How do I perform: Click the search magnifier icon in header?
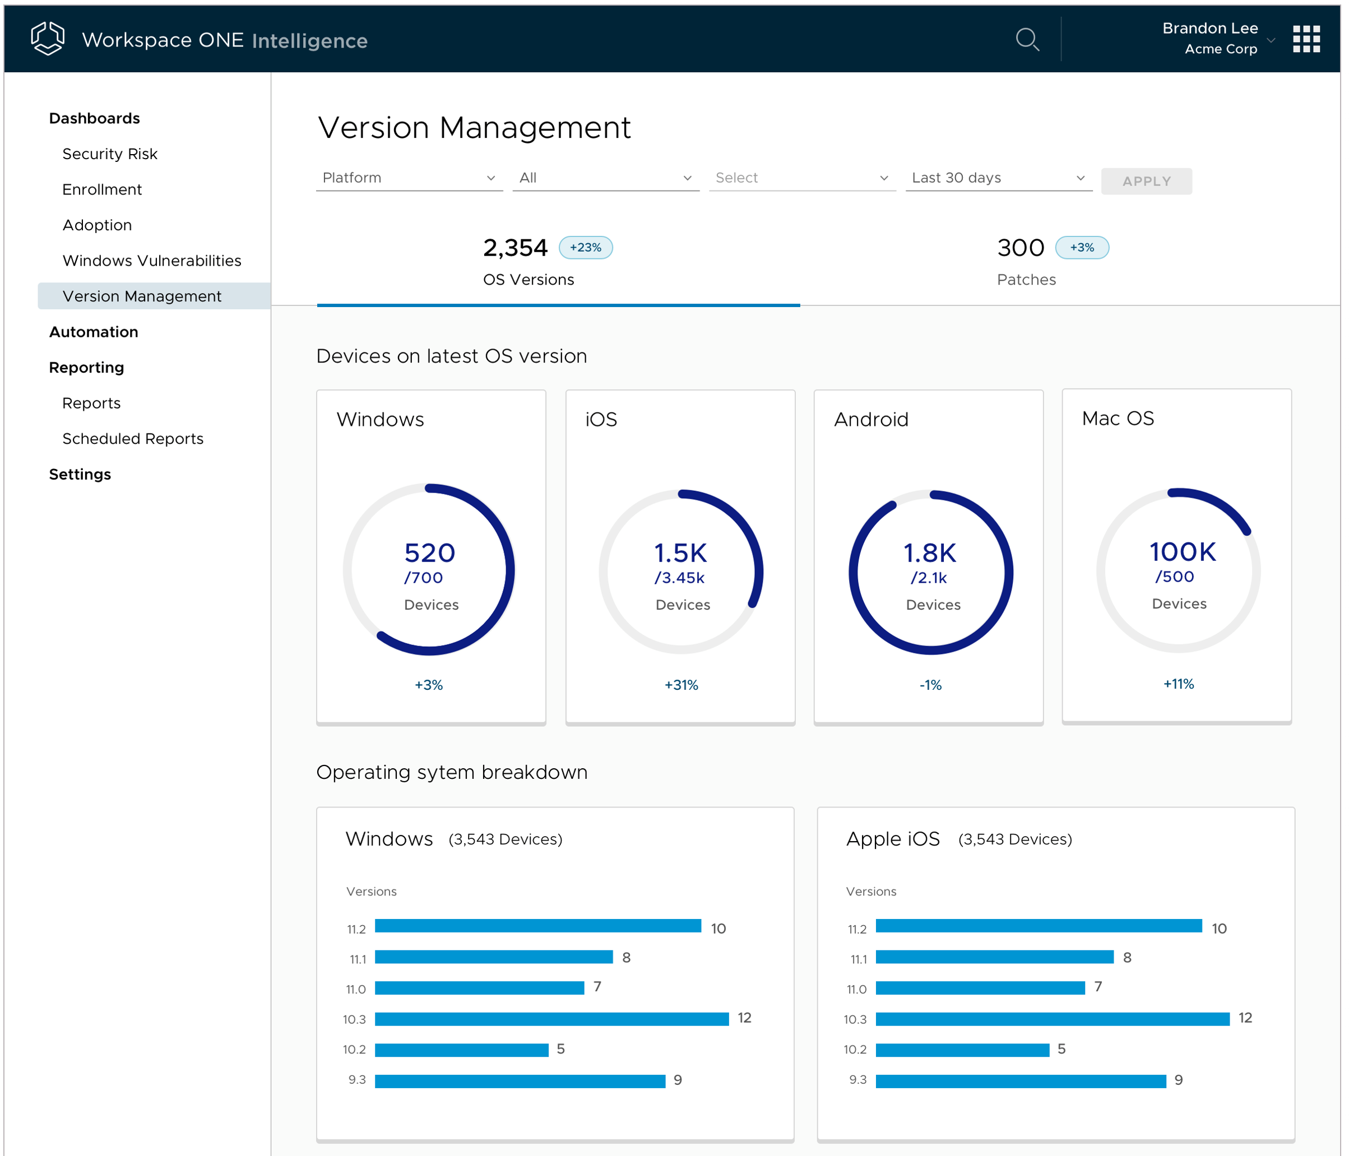(x=1027, y=40)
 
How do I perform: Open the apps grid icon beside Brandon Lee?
(x=1305, y=40)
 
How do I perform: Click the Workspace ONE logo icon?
(x=48, y=39)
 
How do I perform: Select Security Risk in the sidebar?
(x=109, y=154)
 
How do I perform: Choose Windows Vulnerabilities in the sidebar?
(x=151, y=261)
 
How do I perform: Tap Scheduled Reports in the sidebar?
(x=132, y=439)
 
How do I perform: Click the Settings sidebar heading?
(x=80, y=475)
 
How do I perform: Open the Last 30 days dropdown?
(x=998, y=178)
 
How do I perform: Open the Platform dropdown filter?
(x=408, y=178)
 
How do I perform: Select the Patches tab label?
(x=1026, y=280)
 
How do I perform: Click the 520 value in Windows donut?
(x=429, y=553)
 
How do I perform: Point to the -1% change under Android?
(x=930, y=685)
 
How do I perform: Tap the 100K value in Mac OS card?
(x=1181, y=552)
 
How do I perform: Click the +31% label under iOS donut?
(x=680, y=685)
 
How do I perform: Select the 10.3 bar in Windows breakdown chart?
(x=551, y=1019)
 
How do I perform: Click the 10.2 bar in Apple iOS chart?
(x=962, y=1049)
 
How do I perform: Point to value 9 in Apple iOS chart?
(x=1178, y=1080)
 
